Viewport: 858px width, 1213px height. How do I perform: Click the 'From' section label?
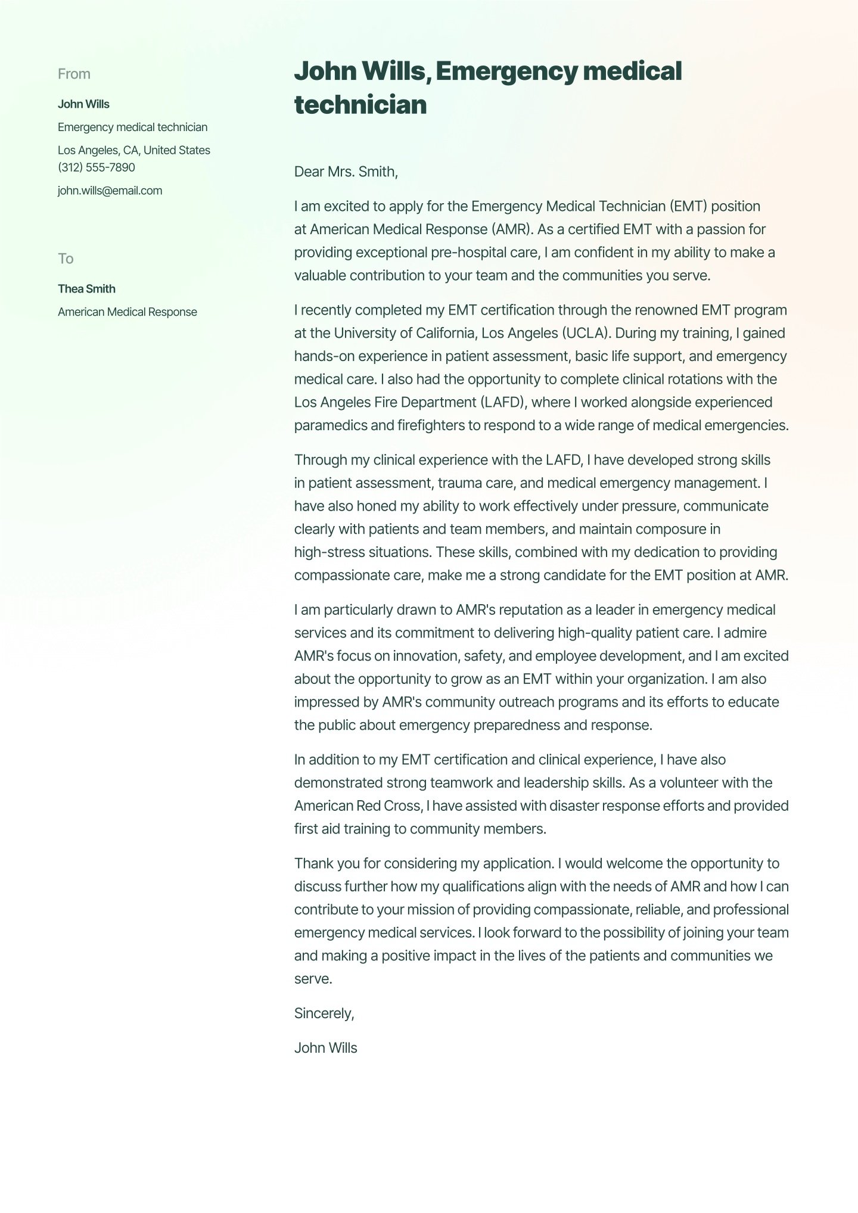click(x=74, y=74)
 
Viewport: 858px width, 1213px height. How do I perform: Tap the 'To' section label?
click(x=66, y=259)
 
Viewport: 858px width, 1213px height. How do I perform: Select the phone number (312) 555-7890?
click(x=97, y=167)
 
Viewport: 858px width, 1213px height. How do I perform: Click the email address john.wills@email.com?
click(x=110, y=191)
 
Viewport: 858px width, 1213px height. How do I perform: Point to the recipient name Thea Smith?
click(x=86, y=289)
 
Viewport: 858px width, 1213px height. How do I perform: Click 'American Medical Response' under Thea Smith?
click(x=127, y=312)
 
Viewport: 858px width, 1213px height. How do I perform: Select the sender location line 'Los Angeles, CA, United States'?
click(x=134, y=150)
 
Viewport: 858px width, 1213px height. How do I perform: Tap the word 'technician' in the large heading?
click(x=360, y=105)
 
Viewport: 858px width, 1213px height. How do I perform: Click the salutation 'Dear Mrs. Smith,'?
click(x=346, y=172)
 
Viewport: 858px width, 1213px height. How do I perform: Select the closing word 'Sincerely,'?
click(x=324, y=1013)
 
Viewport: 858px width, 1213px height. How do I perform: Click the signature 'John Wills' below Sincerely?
click(x=325, y=1048)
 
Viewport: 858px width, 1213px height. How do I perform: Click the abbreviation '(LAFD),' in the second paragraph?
click(x=504, y=402)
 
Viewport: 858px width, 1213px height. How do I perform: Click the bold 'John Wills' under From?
click(x=83, y=104)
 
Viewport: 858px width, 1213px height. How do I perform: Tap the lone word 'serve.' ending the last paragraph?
click(x=313, y=979)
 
